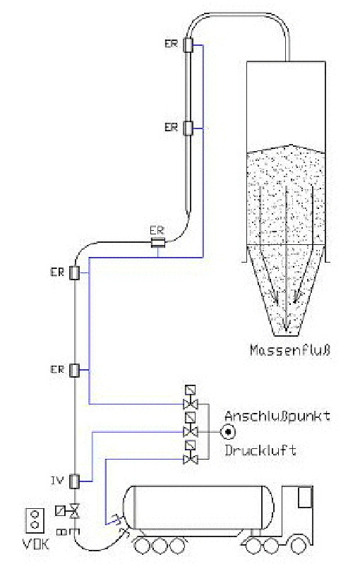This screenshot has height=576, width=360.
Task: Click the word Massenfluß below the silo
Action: (290, 350)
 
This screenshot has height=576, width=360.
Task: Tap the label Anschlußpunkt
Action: (277, 416)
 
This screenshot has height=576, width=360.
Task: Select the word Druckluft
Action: (260, 450)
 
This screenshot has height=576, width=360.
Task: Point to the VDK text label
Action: (36, 544)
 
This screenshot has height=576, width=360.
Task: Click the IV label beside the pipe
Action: (57, 481)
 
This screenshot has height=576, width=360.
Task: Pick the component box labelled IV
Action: (75, 481)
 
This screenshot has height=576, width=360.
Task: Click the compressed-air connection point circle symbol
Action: (228, 432)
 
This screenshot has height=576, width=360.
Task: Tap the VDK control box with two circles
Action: (35, 520)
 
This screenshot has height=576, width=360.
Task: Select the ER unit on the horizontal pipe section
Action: (158, 242)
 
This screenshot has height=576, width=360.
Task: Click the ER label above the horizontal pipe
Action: (157, 231)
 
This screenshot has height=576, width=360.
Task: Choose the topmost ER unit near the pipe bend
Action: (188, 44)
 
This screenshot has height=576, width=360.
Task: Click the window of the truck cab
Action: (305, 498)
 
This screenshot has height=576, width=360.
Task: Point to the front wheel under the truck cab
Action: (299, 546)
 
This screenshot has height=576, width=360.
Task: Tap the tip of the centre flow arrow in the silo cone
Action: (286, 330)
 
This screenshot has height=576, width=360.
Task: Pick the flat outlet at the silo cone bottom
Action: (286, 335)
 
